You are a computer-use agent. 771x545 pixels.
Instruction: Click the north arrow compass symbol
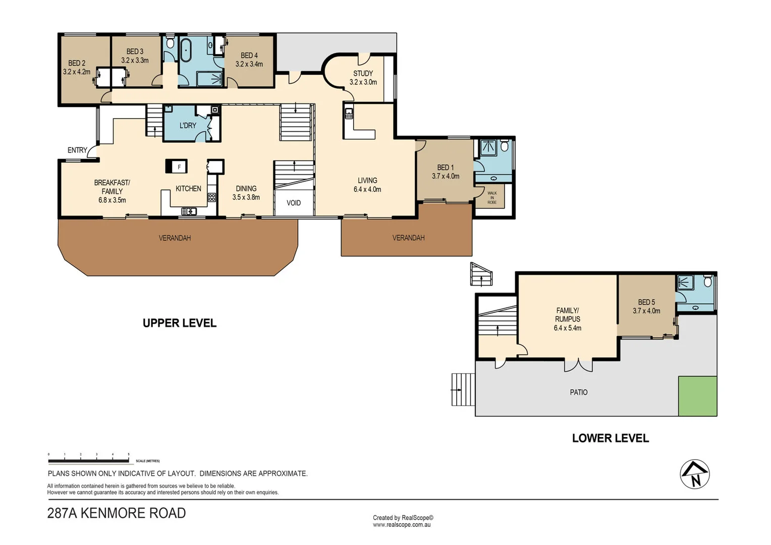click(694, 474)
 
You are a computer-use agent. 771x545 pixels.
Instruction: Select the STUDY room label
click(363, 74)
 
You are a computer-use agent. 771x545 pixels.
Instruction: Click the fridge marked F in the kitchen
click(177, 167)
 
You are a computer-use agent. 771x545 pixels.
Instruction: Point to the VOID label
click(294, 203)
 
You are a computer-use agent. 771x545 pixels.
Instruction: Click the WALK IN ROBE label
click(492, 197)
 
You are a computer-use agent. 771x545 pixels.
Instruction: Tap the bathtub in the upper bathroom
click(186, 50)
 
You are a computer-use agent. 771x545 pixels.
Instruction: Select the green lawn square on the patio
click(697, 396)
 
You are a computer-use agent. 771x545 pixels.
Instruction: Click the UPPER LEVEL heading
click(180, 323)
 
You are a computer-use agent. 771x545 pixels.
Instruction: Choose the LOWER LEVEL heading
click(610, 438)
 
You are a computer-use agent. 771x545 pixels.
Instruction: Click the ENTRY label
click(77, 150)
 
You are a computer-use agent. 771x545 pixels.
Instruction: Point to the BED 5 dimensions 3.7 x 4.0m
click(646, 311)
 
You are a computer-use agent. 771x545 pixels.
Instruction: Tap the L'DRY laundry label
click(188, 125)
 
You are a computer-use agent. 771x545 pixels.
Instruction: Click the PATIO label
click(578, 392)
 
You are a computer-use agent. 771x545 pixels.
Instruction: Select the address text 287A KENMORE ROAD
click(117, 513)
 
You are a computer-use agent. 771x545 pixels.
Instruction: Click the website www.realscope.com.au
click(402, 525)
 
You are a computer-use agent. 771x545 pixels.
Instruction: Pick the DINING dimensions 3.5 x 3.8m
click(246, 197)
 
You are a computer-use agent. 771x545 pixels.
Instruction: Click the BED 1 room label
click(445, 168)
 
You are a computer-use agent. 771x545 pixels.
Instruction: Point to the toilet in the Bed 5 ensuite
click(707, 281)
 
